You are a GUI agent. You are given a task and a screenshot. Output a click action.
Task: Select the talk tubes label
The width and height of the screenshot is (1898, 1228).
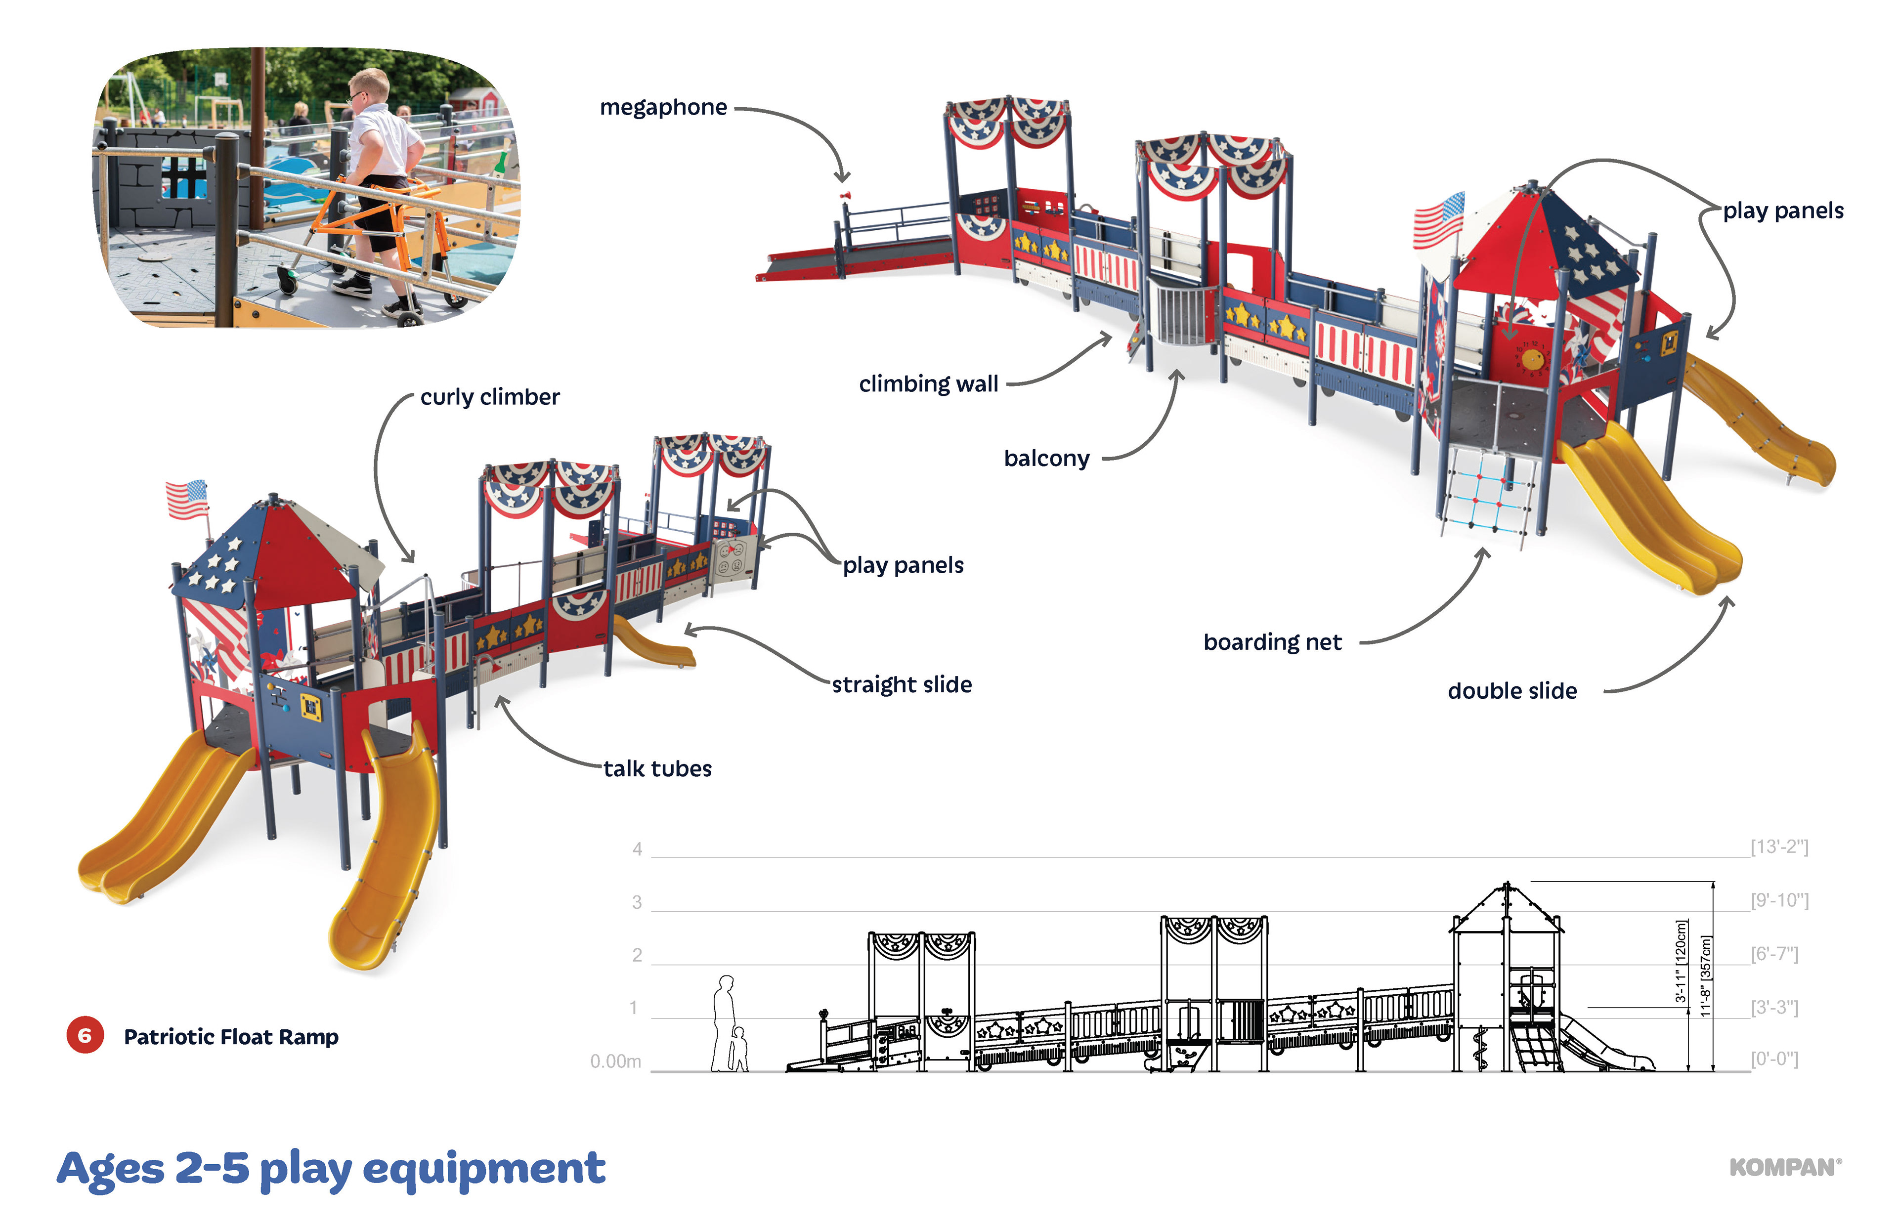click(657, 769)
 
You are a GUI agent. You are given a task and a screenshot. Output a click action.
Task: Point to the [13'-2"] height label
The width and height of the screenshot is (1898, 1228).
click(1779, 847)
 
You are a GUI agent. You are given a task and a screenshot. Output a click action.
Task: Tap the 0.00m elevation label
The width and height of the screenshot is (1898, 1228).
click(615, 1061)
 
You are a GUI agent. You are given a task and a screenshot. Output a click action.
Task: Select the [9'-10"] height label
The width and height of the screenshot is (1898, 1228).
click(1779, 900)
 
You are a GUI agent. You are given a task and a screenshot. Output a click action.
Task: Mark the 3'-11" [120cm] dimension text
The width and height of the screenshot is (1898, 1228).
click(1681, 961)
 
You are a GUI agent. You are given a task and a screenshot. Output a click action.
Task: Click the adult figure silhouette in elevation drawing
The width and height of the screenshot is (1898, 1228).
click(724, 1020)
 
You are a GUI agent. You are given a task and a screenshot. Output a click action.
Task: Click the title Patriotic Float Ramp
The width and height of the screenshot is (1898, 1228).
click(230, 1037)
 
